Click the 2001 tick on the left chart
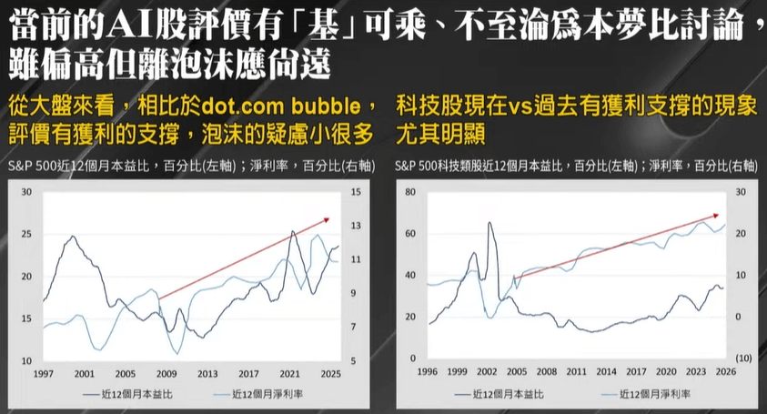coord(85,374)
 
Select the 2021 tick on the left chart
coord(289,374)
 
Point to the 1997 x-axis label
coord(43,374)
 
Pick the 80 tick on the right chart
coord(409,192)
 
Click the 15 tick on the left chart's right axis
coord(357,192)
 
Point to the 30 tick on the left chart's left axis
coord(25,192)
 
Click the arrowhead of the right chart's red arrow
coord(719,217)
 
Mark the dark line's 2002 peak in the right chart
coord(490,223)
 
